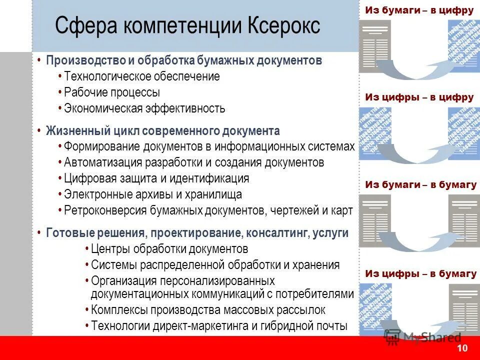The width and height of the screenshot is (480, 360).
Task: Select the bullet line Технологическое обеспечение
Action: pyautogui.click(x=142, y=76)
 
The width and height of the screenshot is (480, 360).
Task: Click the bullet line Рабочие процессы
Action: pyautogui.click(x=112, y=92)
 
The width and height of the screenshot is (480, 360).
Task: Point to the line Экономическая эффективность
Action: pyautogui.click(x=144, y=108)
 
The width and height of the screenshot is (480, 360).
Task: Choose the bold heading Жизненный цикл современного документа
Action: pyautogui.click(x=162, y=131)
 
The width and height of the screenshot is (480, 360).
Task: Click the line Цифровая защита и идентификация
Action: pyautogui.click(x=156, y=178)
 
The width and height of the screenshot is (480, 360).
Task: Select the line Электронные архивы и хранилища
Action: pyautogui.click(x=153, y=194)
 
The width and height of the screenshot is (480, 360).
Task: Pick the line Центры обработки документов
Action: pyautogui.click(x=169, y=249)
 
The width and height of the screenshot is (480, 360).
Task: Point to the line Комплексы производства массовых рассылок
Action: pyautogui.click(x=208, y=310)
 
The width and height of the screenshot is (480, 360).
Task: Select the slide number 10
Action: pyautogui.click(x=462, y=348)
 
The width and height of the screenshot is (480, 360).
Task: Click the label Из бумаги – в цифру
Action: pyautogui.click(x=419, y=9)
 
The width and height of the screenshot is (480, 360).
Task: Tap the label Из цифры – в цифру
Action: pyautogui.click(x=419, y=97)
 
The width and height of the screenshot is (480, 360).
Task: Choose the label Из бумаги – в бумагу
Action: pyautogui.click(x=420, y=185)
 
